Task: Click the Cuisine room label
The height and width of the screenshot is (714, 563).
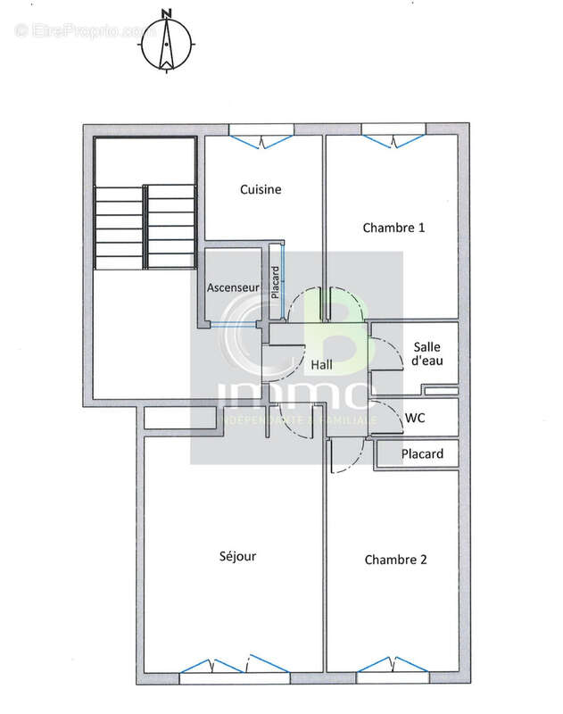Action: coord(261,189)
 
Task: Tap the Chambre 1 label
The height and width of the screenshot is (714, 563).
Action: coord(393,228)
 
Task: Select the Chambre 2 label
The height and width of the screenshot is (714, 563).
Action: coord(395,560)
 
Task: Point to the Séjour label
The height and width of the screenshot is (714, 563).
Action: coord(237,556)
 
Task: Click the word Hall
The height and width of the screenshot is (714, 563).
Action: coord(321,364)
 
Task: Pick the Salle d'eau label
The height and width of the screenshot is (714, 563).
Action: coord(428,354)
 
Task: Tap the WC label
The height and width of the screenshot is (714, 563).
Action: coord(414,417)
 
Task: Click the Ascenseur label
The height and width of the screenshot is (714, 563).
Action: coord(233,288)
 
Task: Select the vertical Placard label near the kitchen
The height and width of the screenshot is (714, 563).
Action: coord(276,283)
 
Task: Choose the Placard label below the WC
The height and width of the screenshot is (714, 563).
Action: coord(422,454)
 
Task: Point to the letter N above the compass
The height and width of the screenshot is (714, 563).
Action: coord(166,12)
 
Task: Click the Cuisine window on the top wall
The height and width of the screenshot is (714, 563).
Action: coord(261,138)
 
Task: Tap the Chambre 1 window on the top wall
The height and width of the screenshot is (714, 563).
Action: coord(393,138)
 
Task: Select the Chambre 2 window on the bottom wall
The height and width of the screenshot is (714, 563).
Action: coord(390,666)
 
